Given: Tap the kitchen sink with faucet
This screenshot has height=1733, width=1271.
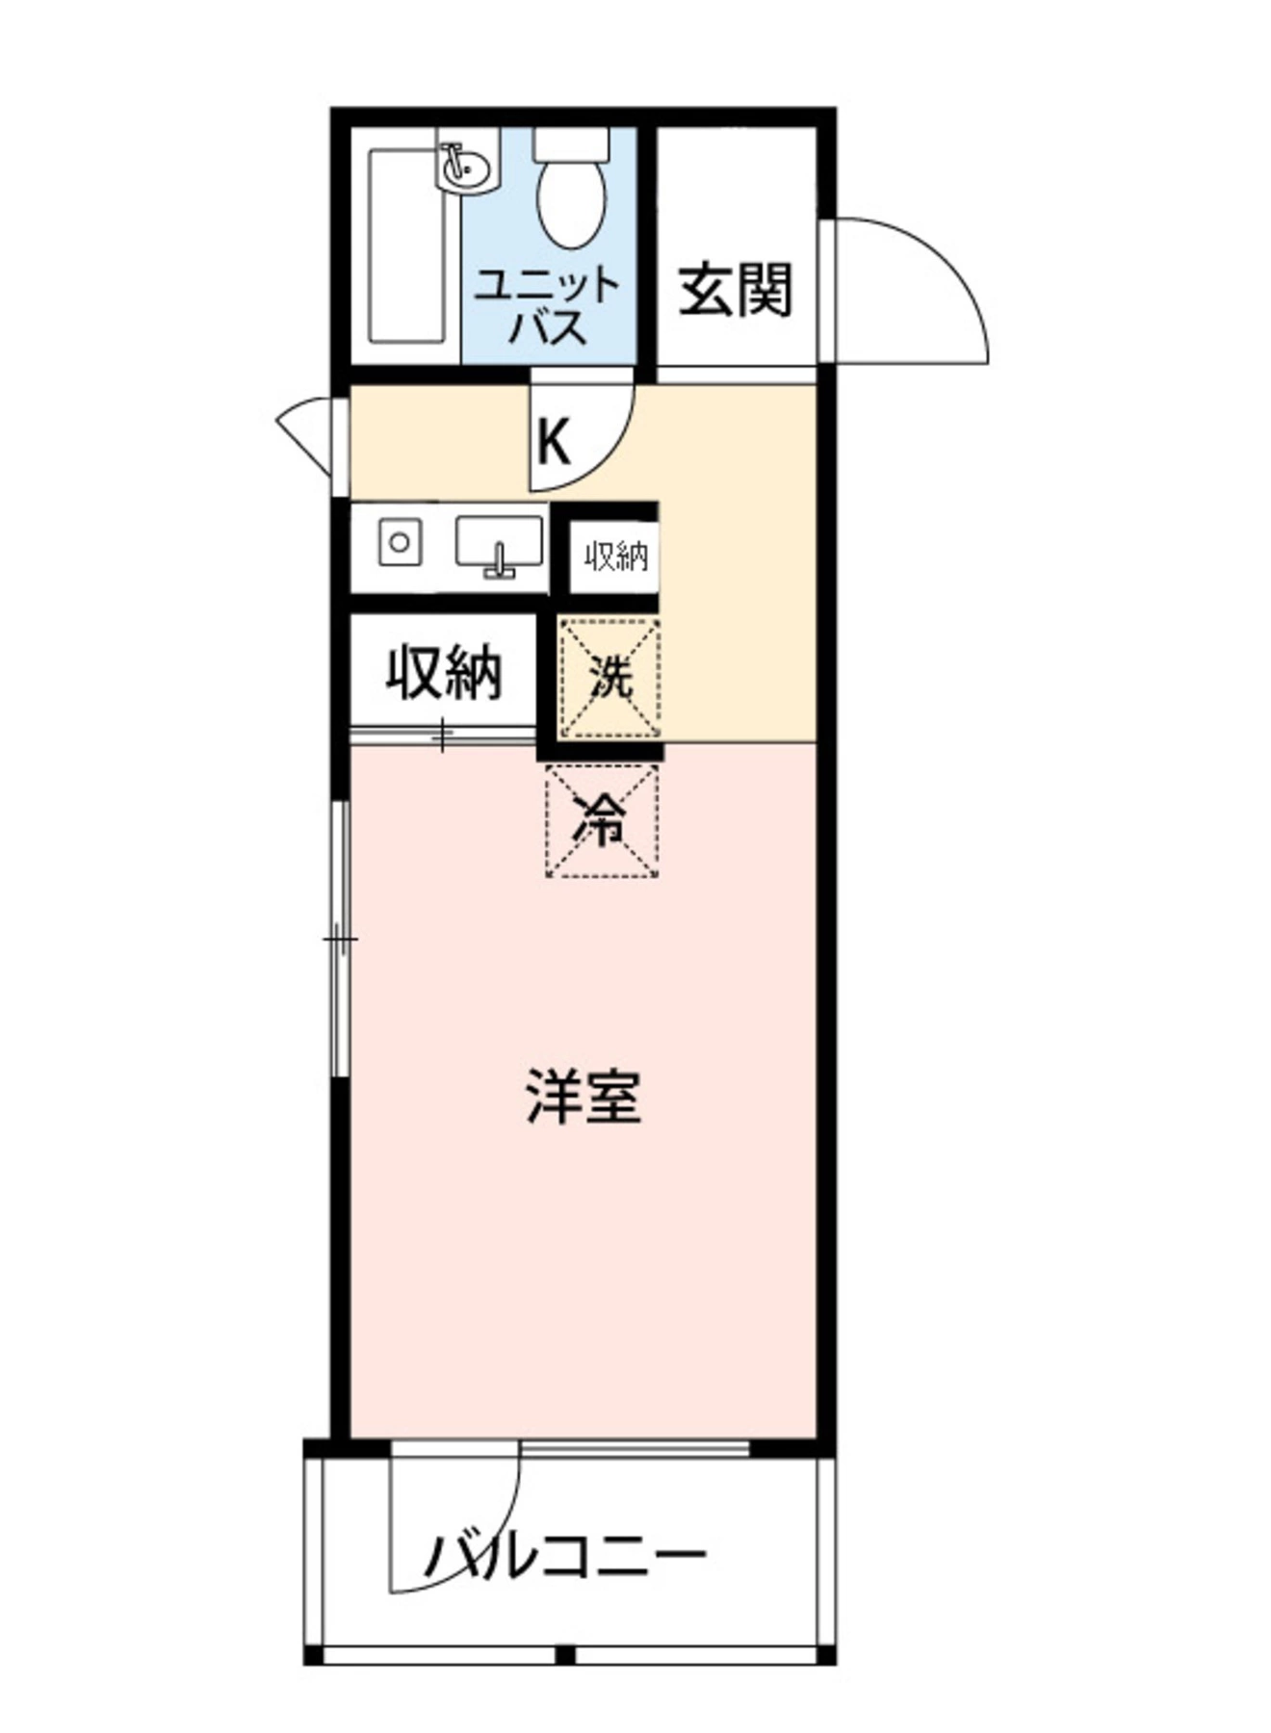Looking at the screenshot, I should click(498, 545).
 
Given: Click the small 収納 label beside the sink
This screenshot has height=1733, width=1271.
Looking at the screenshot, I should click(614, 556).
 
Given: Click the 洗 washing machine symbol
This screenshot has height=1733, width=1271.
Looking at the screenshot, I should click(610, 679).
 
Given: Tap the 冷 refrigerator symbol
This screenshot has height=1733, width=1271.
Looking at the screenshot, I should click(602, 820).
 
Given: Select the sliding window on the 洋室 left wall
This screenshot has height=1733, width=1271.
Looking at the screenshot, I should click(339, 939).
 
